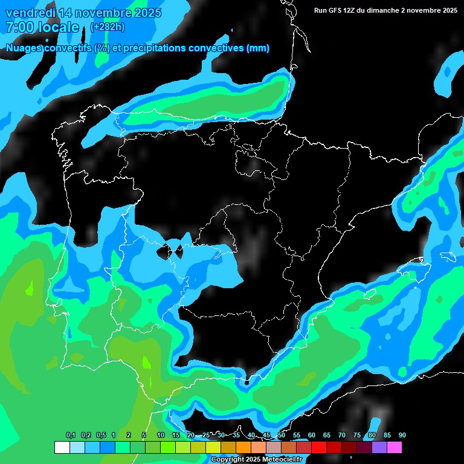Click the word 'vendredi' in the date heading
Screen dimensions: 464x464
(30, 13)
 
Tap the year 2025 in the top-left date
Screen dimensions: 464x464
(145, 13)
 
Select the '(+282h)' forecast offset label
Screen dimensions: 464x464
(108, 27)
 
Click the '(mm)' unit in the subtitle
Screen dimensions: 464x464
(258, 48)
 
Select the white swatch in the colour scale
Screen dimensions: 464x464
(62, 448)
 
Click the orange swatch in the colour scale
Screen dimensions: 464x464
(243, 448)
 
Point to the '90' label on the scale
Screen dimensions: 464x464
(402, 436)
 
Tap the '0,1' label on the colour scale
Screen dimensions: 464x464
(70, 436)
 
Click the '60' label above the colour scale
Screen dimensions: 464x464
(312, 436)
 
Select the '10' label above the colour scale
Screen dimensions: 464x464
(161, 436)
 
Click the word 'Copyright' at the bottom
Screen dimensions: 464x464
(228, 460)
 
